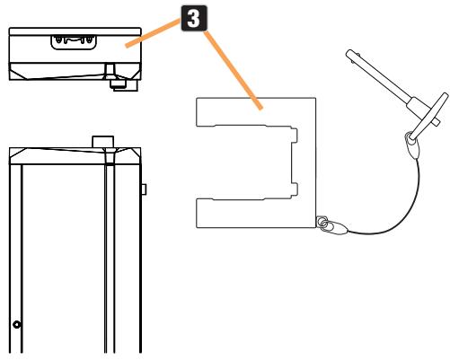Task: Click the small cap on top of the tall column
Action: click(101, 141)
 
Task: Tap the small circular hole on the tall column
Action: click(17, 322)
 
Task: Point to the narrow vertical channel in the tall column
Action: click(106, 260)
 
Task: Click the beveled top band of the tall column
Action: click(72, 154)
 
